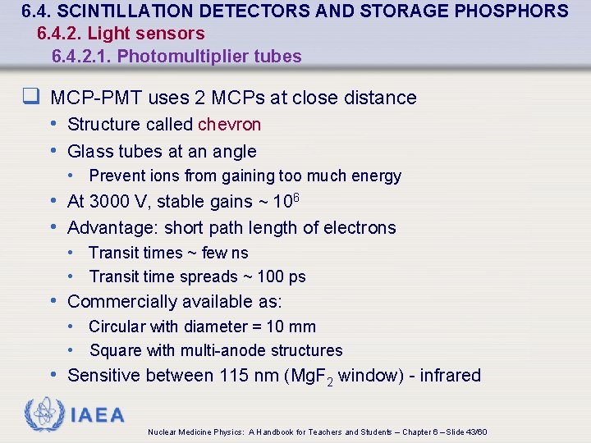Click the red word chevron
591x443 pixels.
click(x=229, y=125)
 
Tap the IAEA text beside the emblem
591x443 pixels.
click(x=97, y=415)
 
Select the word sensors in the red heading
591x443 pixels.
click(x=176, y=34)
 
